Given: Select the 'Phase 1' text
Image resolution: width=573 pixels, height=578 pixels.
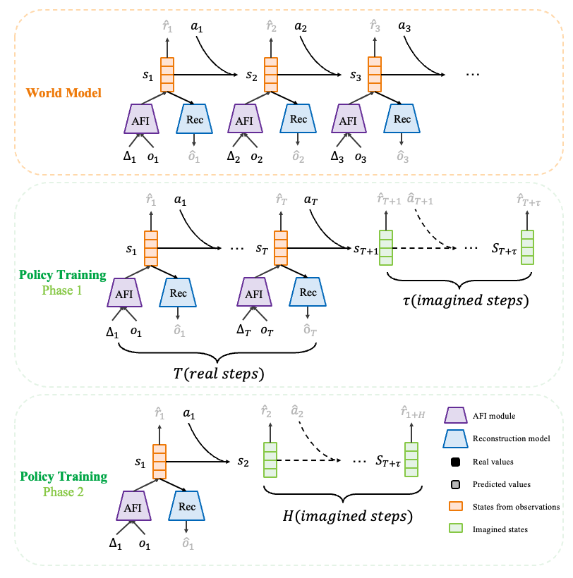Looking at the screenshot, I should [x=64, y=290].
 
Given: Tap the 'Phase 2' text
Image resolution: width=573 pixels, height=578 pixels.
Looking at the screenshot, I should [x=64, y=492].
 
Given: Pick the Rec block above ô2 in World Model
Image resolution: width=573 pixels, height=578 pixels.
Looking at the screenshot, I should [x=298, y=119].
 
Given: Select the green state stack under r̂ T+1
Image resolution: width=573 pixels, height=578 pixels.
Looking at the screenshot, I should [x=385, y=247].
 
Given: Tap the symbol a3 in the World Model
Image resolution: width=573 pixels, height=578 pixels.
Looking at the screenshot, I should [x=404, y=26].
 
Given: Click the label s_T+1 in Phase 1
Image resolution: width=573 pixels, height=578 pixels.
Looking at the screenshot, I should [x=365, y=249].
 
